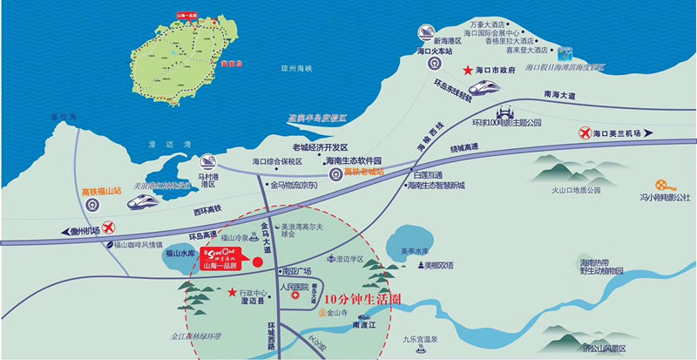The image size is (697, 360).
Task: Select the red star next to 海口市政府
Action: (467, 68)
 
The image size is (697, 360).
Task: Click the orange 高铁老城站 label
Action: (363, 172)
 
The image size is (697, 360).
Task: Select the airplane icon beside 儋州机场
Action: (109, 228)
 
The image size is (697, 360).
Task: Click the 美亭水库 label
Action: (416, 252)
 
